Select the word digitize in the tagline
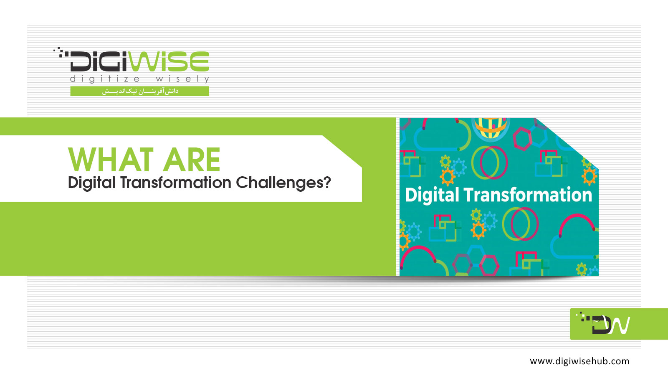[x=105, y=79]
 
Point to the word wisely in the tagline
[x=182, y=79]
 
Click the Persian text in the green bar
[x=140, y=91]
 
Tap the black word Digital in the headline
[x=91, y=183]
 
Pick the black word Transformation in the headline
[x=176, y=182]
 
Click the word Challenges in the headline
[x=280, y=183]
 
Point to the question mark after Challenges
[x=327, y=182]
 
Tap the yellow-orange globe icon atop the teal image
[x=491, y=128]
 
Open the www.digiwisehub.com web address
[x=579, y=361]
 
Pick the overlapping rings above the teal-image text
[x=489, y=163]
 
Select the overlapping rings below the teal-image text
[x=520, y=224]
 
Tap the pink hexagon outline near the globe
[x=522, y=138]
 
